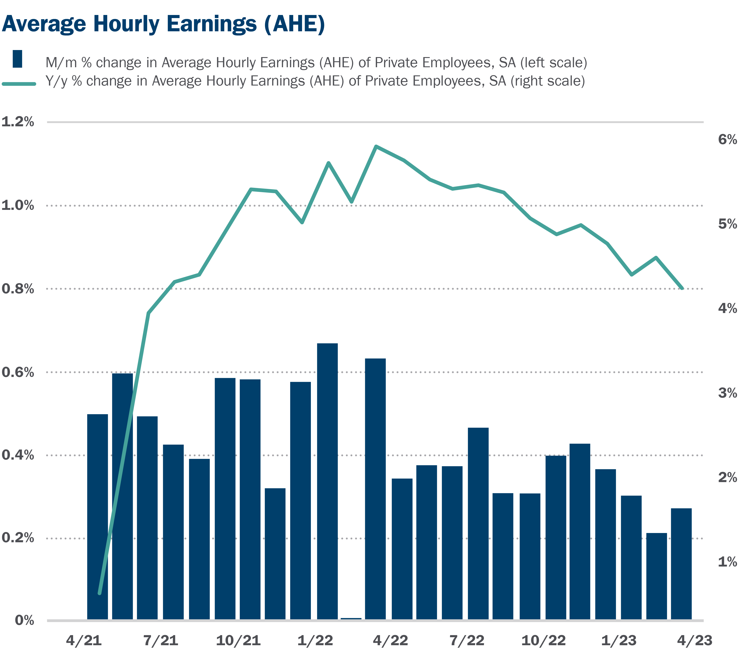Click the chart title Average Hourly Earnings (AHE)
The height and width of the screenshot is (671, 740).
click(163, 24)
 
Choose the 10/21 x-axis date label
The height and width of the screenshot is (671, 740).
click(238, 641)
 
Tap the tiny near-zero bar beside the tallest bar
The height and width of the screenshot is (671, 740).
click(351, 619)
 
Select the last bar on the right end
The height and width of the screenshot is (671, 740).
click(681, 565)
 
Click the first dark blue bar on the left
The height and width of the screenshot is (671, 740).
click(98, 517)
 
